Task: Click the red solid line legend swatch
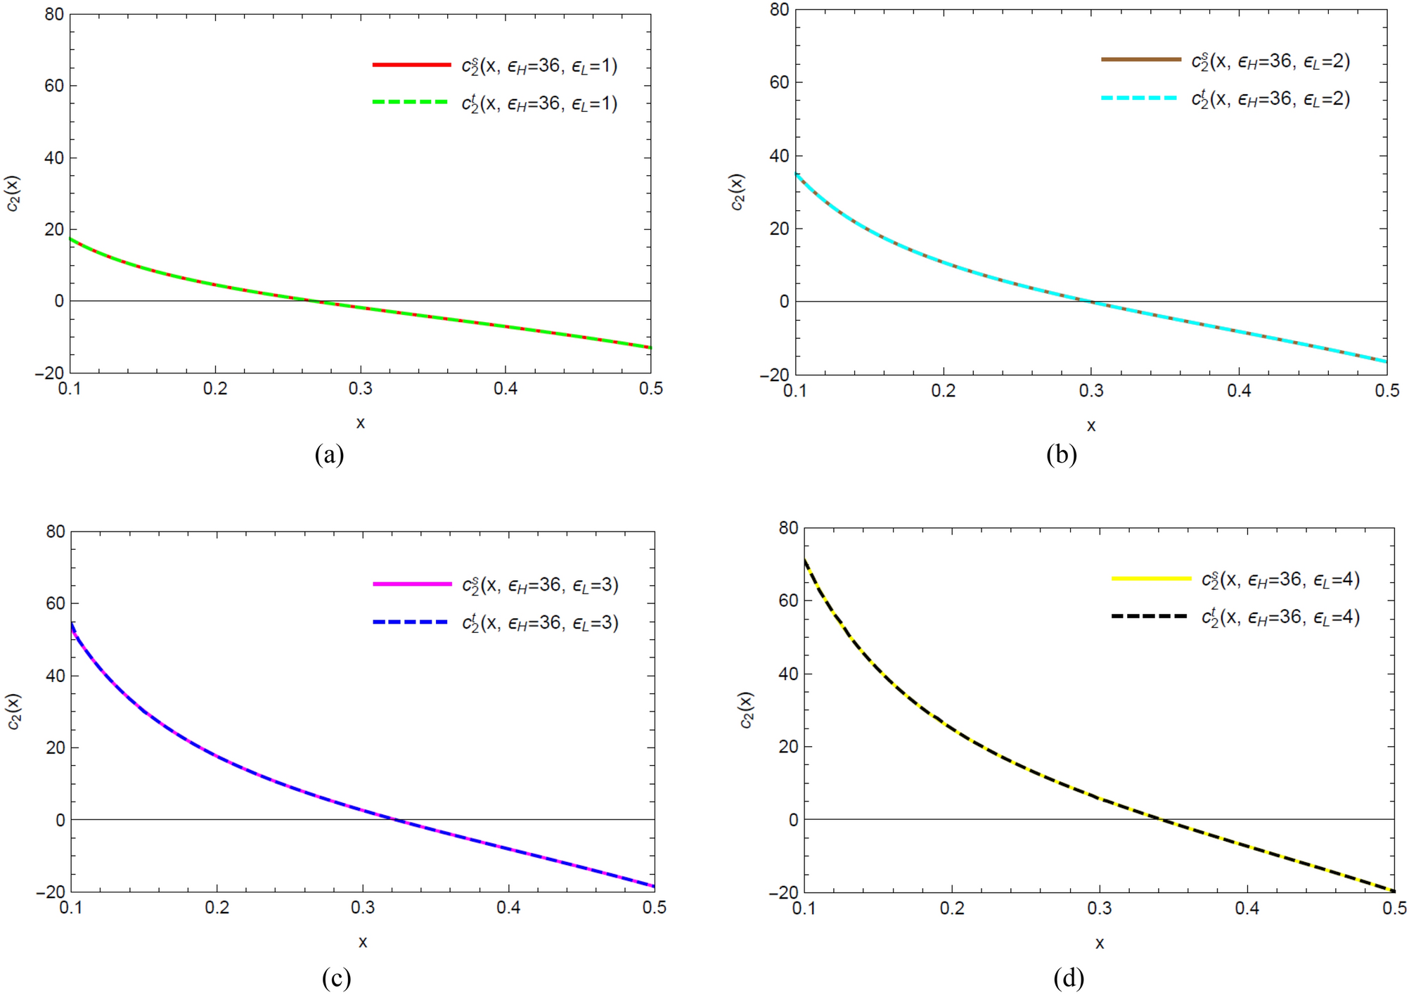pos(411,65)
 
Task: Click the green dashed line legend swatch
pos(411,102)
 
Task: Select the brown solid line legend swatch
pos(1140,60)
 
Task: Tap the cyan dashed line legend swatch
pos(1140,98)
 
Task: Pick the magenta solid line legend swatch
pos(412,584)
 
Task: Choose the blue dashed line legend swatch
pos(412,622)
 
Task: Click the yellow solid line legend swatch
pos(1151,578)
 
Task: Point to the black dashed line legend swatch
pos(1151,616)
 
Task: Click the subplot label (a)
pos(330,454)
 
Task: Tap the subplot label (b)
pos(1061,455)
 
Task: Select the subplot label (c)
pos(336,977)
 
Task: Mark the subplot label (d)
pos(1069,977)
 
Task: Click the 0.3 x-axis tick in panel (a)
pos(360,389)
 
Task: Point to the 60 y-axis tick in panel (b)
pos(779,82)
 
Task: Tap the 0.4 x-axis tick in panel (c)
pos(508,908)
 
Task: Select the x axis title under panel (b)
pos(1090,426)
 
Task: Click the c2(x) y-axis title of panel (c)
pos(14,712)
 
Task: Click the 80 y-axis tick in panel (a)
pos(53,14)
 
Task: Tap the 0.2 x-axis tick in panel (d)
pos(952,909)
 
